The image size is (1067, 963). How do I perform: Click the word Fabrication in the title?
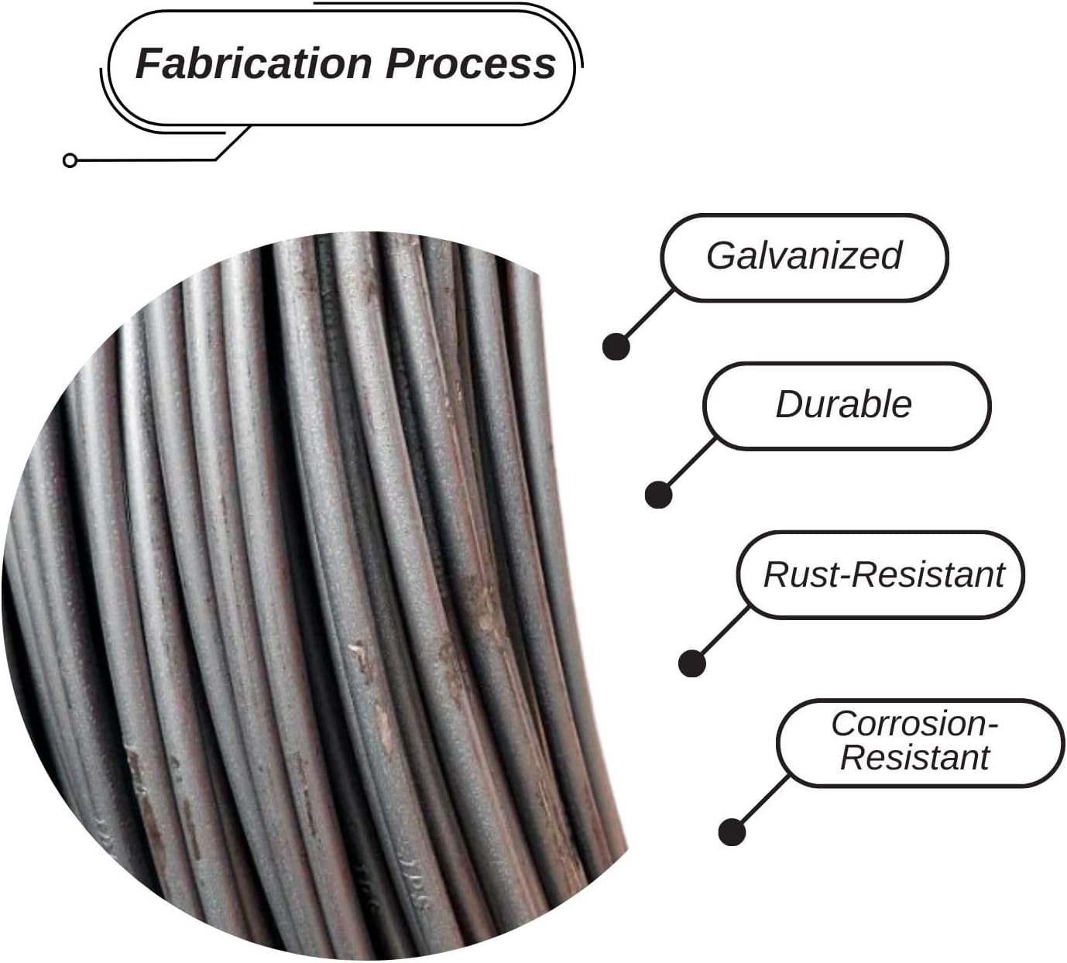coord(254,63)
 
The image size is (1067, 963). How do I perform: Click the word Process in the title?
coord(471,63)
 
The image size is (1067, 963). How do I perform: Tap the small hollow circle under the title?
coord(70,160)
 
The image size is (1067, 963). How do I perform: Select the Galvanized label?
coord(804,256)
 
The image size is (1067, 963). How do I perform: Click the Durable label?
coord(843,405)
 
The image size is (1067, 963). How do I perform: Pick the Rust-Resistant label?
coord(883,575)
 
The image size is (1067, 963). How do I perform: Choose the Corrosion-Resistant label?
coord(914,740)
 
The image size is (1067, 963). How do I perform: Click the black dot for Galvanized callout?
coord(616,347)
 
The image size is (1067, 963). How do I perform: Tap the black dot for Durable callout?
coord(658,495)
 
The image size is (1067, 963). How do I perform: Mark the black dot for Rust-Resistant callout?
coord(692,663)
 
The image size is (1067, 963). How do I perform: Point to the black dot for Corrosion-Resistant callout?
coord(732,831)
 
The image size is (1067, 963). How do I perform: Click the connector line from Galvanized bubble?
coord(647,316)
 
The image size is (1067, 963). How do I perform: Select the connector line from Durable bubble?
coord(689,464)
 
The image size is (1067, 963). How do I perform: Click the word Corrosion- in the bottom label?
coord(914,724)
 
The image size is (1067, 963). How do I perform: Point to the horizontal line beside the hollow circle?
coord(146,159)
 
